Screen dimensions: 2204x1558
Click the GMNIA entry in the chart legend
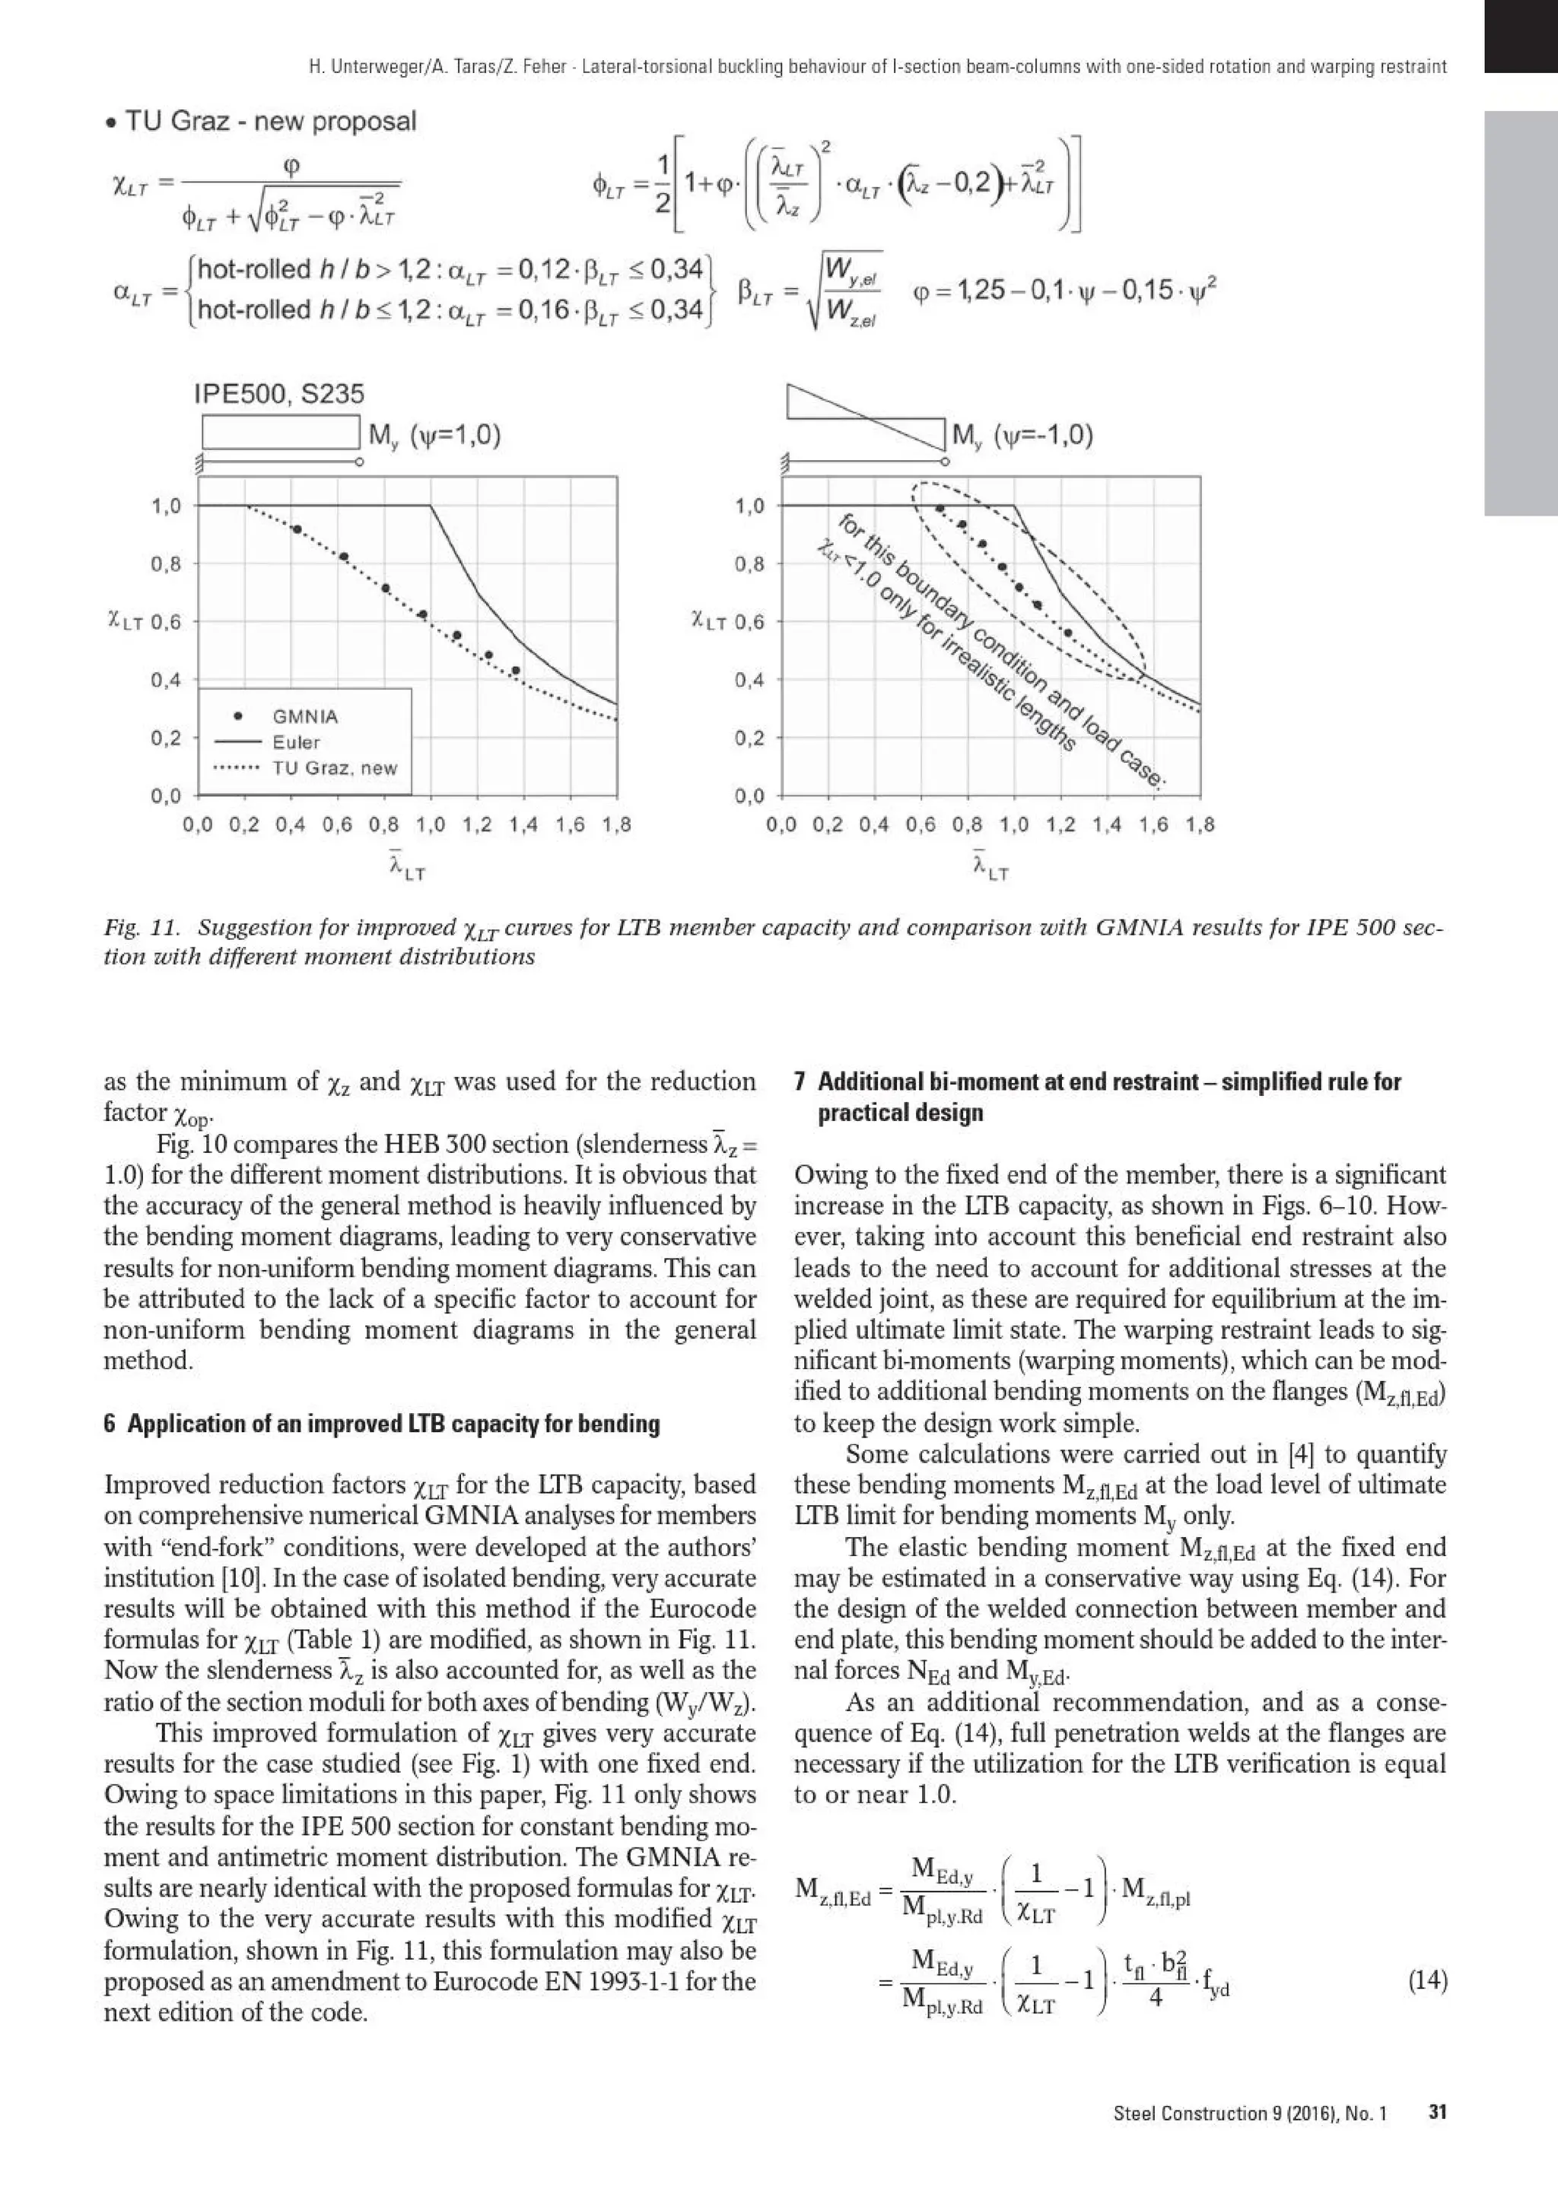[x=304, y=716]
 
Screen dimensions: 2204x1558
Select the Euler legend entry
[x=296, y=742]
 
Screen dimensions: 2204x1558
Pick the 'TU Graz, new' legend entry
[x=334, y=768]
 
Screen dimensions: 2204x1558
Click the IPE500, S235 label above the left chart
[x=278, y=394]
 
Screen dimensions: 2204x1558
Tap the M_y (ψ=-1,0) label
[x=1022, y=436]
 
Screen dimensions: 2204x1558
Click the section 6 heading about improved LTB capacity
[x=381, y=1424]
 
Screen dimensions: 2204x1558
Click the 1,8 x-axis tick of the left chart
[x=616, y=824]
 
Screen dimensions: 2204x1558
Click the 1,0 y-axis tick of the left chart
[x=166, y=506]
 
